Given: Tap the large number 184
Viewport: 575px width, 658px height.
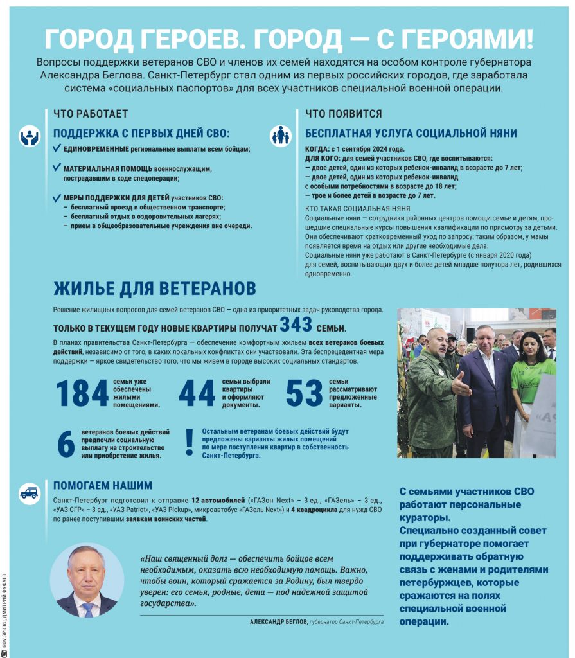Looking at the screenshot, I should pyautogui.click(x=82, y=393).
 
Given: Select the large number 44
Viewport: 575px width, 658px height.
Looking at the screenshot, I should pyautogui.click(x=197, y=393).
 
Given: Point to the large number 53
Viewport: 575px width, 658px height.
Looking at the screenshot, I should pyautogui.click(x=304, y=393).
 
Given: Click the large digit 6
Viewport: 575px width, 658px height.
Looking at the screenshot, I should pyautogui.click(x=66, y=444).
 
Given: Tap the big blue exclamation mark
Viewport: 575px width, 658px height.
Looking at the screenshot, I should pyautogui.click(x=189, y=441).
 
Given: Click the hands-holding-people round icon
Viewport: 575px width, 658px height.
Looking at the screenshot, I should pyautogui.click(x=30, y=136).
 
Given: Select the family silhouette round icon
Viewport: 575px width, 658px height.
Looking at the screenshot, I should pyautogui.click(x=280, y=136).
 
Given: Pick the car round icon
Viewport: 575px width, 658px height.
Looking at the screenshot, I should pyautogui.click(x=30, y=492).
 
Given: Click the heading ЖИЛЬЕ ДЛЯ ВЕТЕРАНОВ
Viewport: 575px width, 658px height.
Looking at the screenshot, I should pyautogui.click(x=154, y=287).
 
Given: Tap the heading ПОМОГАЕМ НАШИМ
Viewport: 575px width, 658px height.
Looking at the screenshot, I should pyautogui.click(x=103, y=485).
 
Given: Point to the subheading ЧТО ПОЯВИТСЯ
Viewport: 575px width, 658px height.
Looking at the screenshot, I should pyautogui.click(x=344, y=114).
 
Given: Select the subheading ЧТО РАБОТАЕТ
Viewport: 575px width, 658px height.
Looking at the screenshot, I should pyautogui.click(x=91, y=114).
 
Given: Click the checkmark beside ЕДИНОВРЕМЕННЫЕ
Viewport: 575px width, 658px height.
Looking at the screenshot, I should pyautogui.click(x=57, y=148).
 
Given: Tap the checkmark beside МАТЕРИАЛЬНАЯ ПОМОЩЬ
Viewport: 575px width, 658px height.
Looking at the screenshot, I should pyautogui.click(x=57, y=168).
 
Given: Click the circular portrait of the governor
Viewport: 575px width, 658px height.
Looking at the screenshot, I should pyautogui.click(x=86, y=581).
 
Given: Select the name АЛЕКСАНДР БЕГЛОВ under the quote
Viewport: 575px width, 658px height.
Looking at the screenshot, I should pyautogui.click(x=278, y=622).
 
